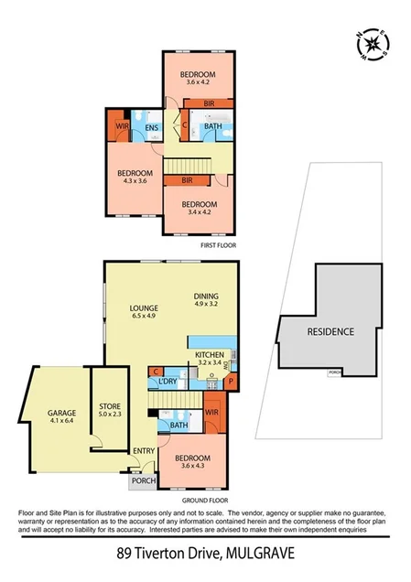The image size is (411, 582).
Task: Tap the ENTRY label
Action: pos(144,450)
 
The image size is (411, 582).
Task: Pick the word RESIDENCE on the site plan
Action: pos(330,331)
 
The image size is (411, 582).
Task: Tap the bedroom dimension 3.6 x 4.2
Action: pos(198,82)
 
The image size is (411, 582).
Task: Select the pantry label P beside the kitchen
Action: pos(231,380)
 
